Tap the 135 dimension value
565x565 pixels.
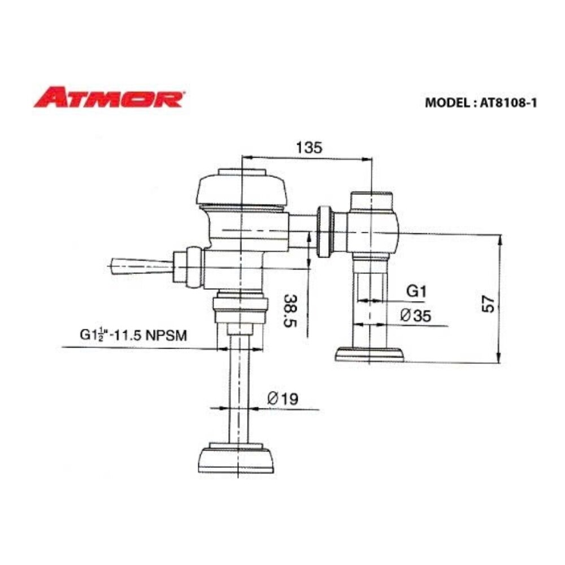click(x=308, y=147)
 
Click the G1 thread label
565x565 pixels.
click(x=416, y=292)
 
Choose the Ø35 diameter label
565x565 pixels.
click(x=415, y=316)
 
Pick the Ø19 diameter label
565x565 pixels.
click(x=282, y=399)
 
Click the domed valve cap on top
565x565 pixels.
click(x=241, y=189)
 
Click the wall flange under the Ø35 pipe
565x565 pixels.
click(x=370, y=354)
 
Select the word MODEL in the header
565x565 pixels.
click(x=444, y=103)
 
